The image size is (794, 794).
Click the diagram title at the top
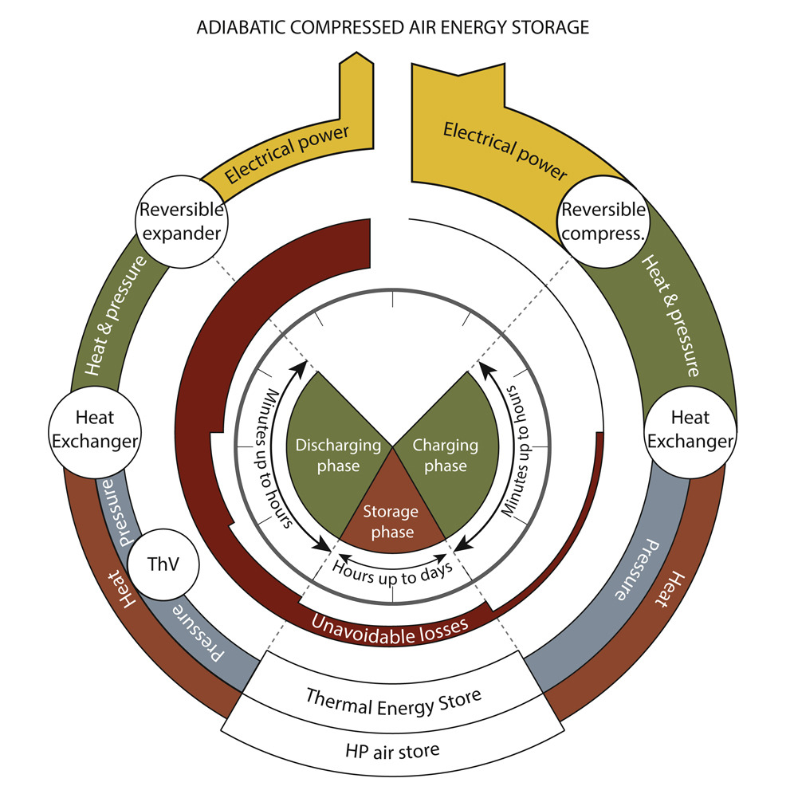(x=392, y=28)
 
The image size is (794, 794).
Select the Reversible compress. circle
(x=603, y=221)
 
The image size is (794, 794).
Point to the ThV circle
(x=163, y=564)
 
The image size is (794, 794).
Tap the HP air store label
(x=393, y=750)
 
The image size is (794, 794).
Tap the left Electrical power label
(x=288, y=156)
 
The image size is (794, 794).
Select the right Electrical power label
(x=505, y=150)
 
